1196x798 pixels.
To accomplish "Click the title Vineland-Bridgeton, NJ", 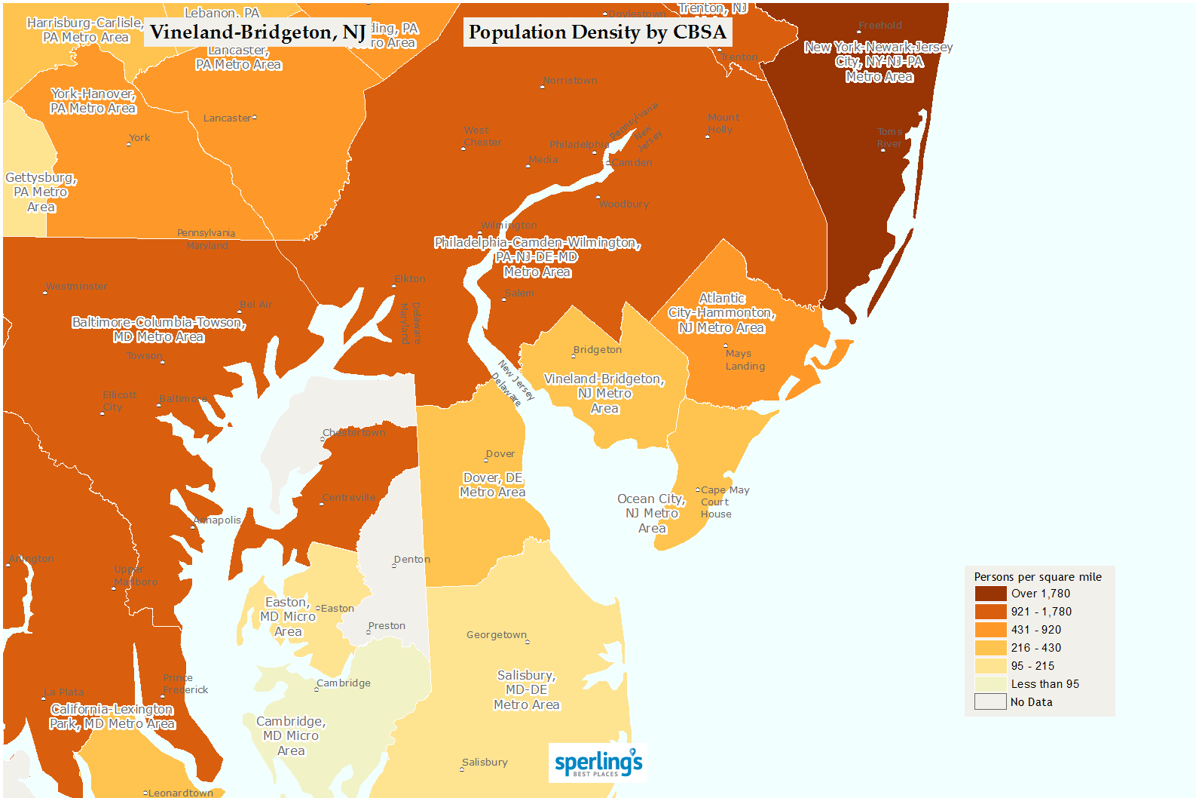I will coord(258,32).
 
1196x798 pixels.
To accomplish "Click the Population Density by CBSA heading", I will coord(597,32).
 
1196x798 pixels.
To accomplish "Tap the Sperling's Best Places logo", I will coord(598,763).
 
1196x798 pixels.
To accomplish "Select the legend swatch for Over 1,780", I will coord(990,594).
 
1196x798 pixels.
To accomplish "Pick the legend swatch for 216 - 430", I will coord(990,648).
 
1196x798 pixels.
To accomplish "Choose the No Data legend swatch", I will coord(990,702).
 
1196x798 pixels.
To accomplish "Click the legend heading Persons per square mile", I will coord(1037,577).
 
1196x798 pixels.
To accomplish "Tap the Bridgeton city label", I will coord(597,350).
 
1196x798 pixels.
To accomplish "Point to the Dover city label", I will coord(500,454).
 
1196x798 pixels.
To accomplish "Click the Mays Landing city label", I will coord(745,360).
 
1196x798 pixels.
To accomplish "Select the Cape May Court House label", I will coord(724,502).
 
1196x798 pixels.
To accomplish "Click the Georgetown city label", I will coord(497,635).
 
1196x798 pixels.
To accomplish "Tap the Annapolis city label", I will coord(218,520).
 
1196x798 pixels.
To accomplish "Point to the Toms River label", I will coord(889,137).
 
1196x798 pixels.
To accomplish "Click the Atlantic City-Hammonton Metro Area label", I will coord(721,313).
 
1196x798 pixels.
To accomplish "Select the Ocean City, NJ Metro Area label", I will coord(651,514).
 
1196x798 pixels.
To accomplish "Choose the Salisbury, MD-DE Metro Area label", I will coord(526,690).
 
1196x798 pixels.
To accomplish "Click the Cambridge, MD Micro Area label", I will coord(291,736).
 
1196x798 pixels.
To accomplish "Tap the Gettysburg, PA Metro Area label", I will coord(41,192).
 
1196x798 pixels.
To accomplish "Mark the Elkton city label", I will coord(409,279).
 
